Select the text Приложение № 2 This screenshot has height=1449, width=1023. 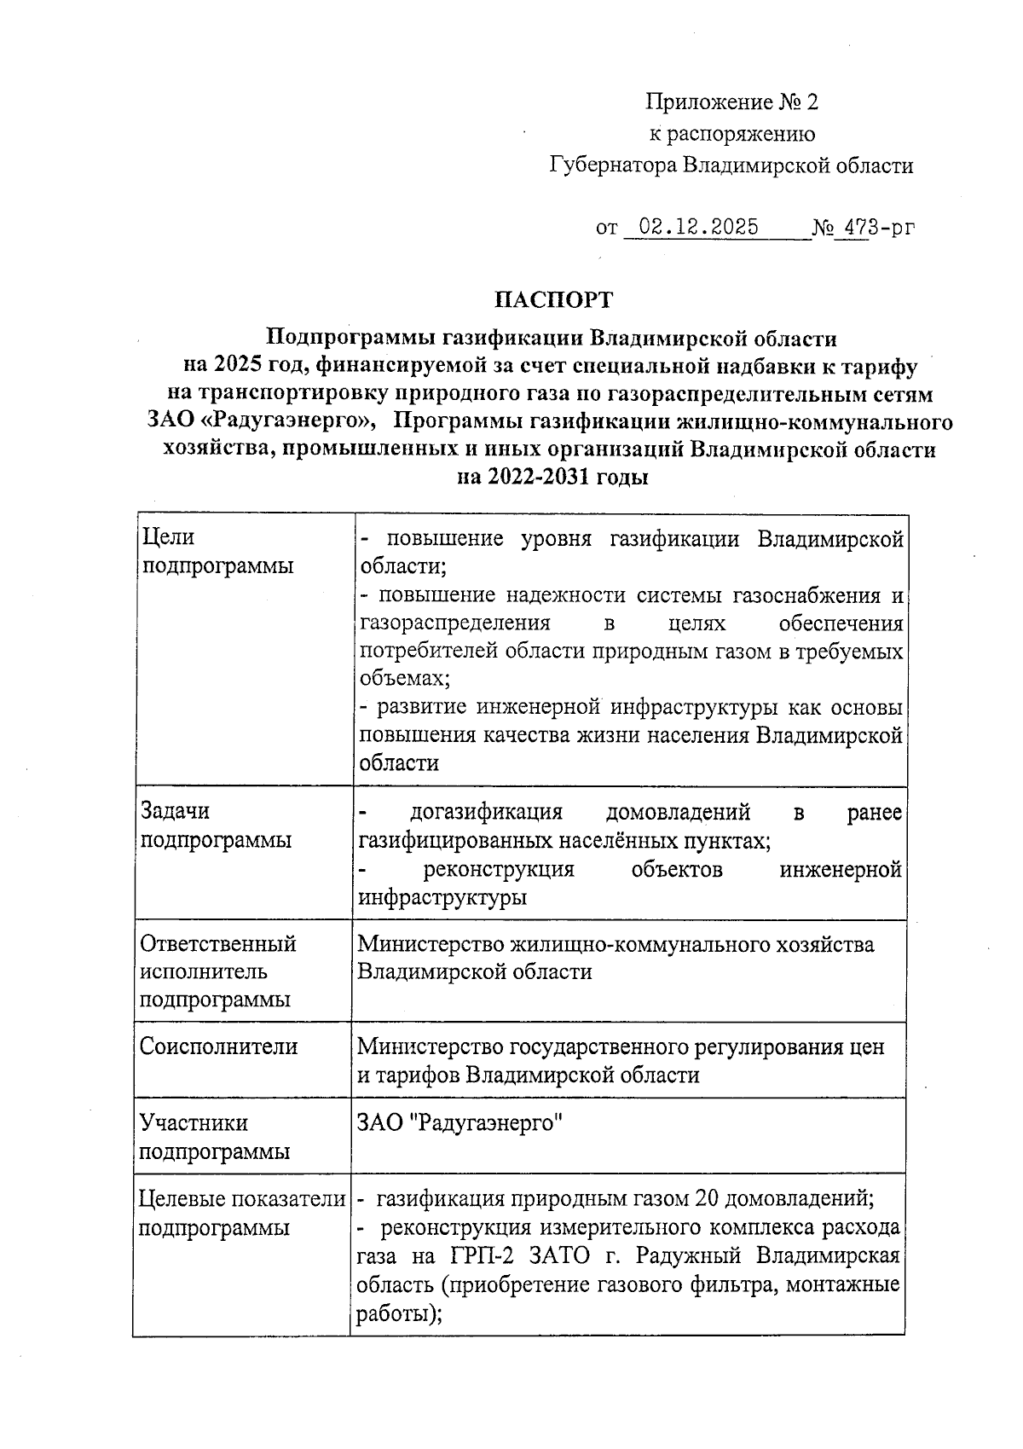pos(731,103)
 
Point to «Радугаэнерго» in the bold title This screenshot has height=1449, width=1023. pos(291,422)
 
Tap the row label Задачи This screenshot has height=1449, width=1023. pos(175,812)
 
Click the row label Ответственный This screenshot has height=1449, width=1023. pos(218,944)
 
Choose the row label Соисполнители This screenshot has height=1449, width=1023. pos(219,1046)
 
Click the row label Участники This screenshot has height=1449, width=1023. pos(194,1123)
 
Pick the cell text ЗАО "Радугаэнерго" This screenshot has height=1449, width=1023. pos(461,1124)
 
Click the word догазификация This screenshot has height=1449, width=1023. pos(487,812)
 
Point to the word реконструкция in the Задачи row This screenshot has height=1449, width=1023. pos(499,870)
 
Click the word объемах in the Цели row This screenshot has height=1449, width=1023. pos(402,679)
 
